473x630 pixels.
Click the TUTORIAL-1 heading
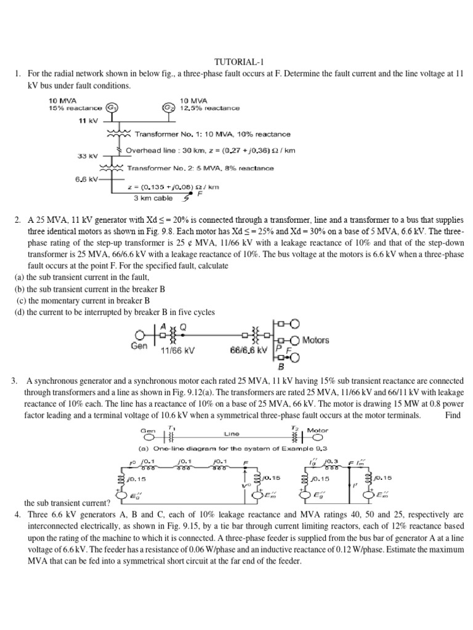click(x=236, y=62)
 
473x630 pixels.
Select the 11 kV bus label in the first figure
click(x=89, y=121)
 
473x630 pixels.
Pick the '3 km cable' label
click(x=153, y=198)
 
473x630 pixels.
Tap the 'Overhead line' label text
click(x=150, y=150)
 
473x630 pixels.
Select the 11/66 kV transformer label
click(x=177, y=350)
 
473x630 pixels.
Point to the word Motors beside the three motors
click(x=315, y=340)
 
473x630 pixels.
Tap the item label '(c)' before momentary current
click(x=20, y=301)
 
